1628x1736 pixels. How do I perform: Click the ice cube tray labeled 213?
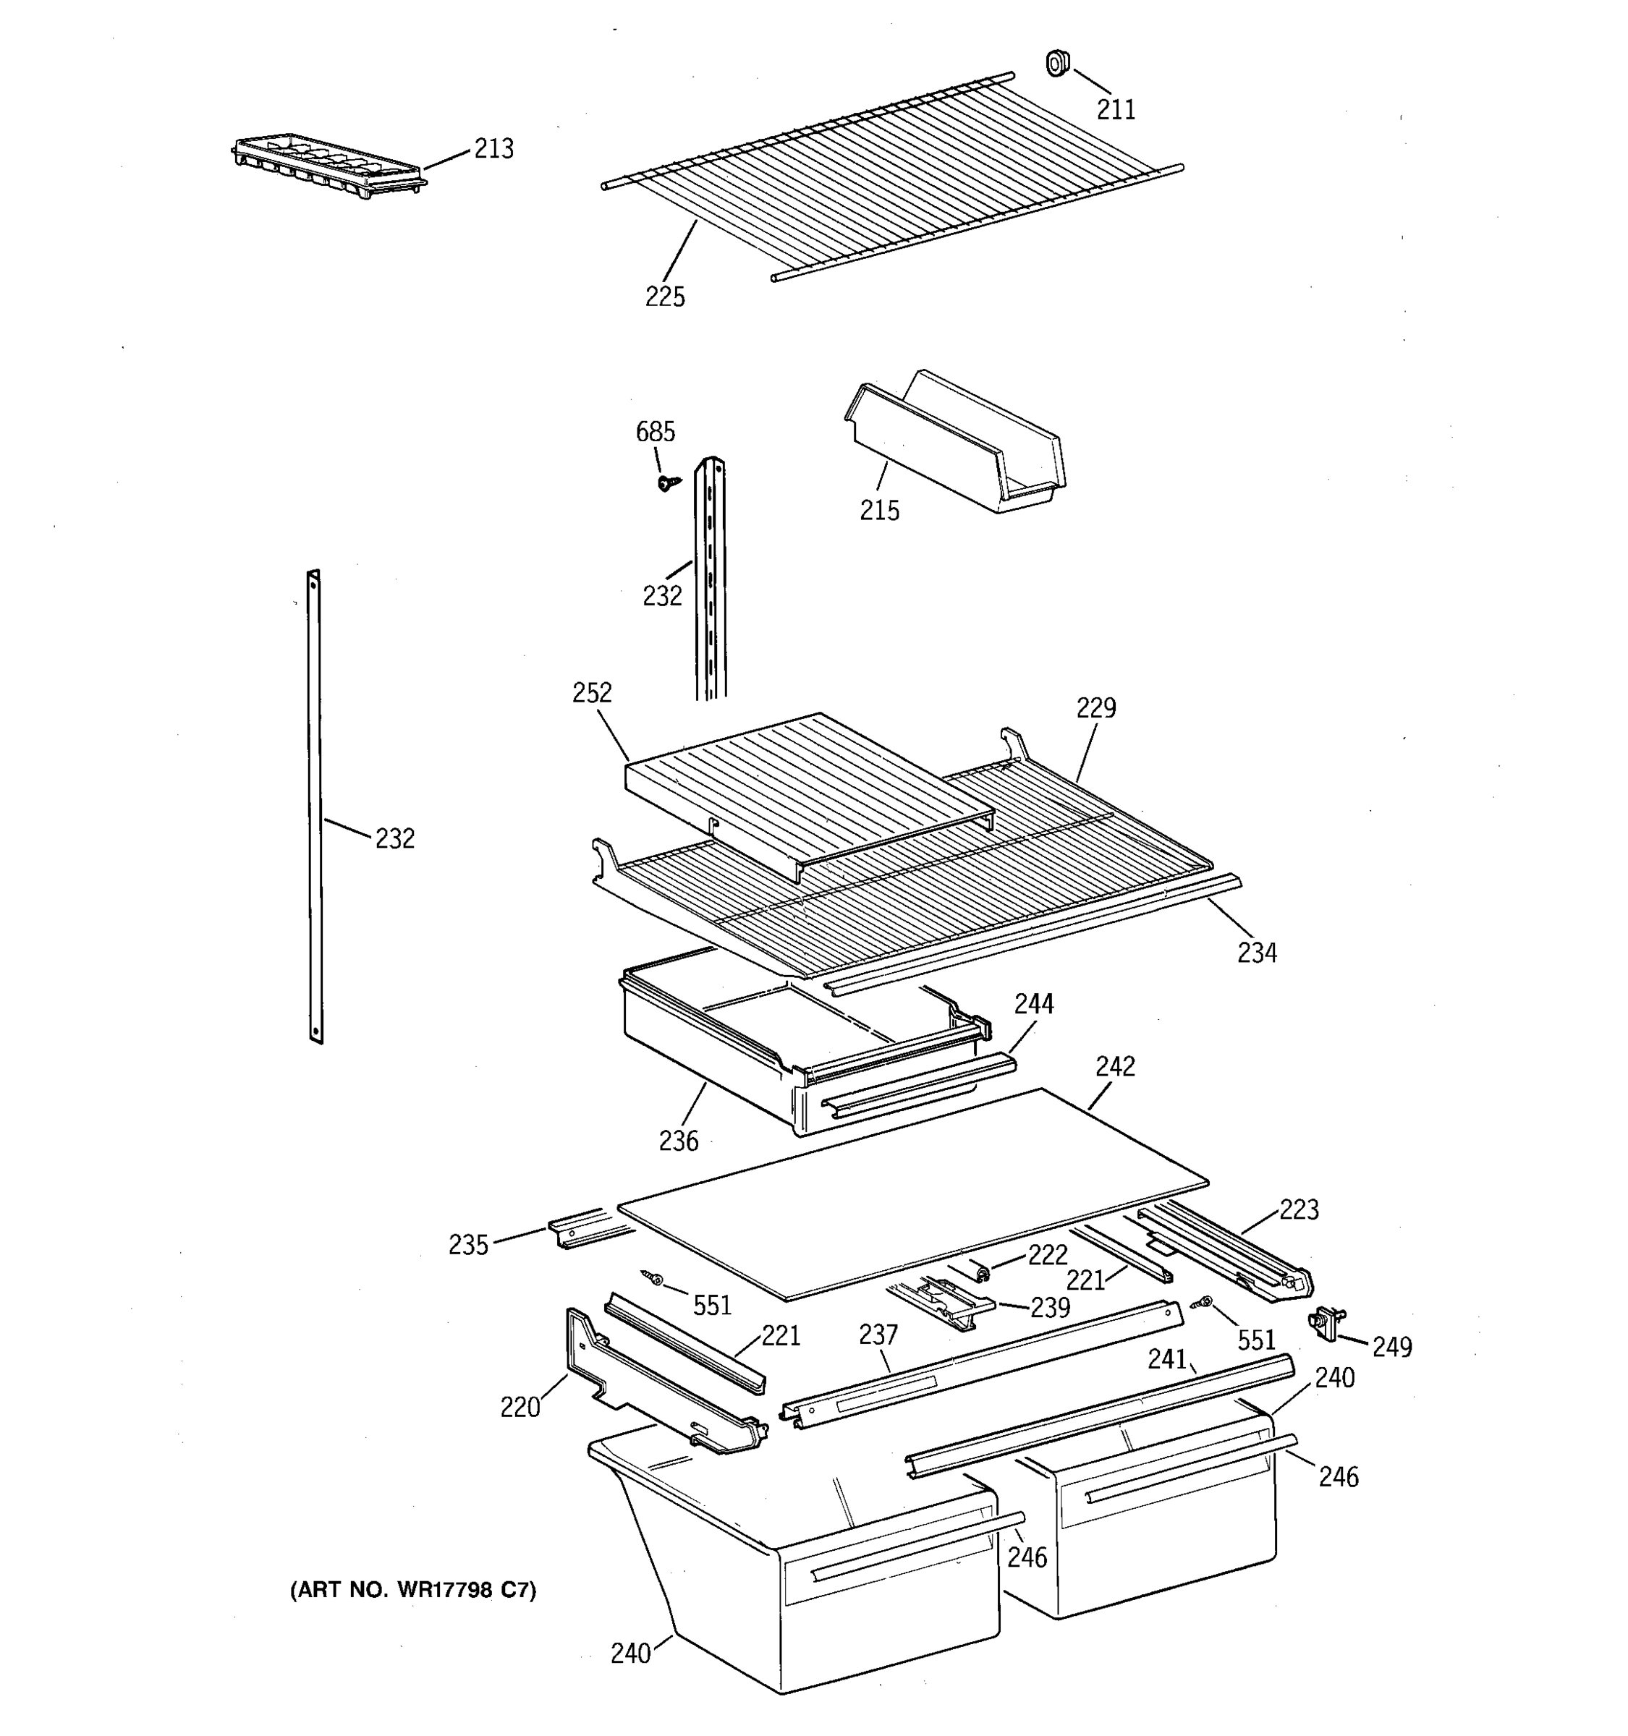pyautogui.click(x=328, y=165)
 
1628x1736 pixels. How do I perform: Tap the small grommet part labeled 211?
pyautogui.click(x=1057, y=63)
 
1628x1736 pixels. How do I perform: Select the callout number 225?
pyautogui.click(x=665, y=297)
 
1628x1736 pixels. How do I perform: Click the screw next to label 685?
pyautogui.click(x=668, y=481)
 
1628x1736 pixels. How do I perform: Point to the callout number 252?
pyautogui.click(x=591, y=692)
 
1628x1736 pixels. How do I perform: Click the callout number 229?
pyautogui.click(x=1095, y=707)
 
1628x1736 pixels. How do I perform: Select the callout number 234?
pyautogui.click(x=1256, y=953)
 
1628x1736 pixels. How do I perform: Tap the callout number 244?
pyautogui.click(x=1033, y=1004)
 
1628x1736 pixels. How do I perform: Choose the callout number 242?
pyautogui.click(x=1115, y=1066)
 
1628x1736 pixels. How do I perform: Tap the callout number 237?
pyautogui.click(x=878, y=1335)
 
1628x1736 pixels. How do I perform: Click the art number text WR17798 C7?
pyautogui.click(x=412, y=1590)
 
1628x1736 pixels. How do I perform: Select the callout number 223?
pyautogui.click(x=1299, y=1209)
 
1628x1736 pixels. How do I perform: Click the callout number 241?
pyautogui.click(x=1167, y=1358)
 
